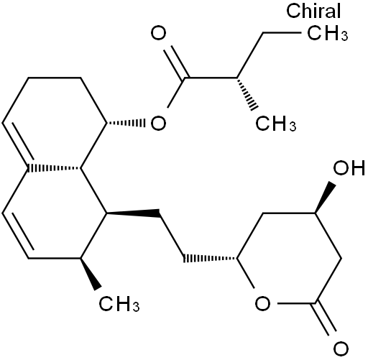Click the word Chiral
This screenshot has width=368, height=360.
[x=313, y=11]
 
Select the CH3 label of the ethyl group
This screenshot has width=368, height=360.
[x=327, y=33]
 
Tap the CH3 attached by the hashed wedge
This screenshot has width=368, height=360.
[x=275, y=124]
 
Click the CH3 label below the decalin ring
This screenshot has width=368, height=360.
[x=119, y=304]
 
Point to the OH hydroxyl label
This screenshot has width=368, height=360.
[x=349, y=167]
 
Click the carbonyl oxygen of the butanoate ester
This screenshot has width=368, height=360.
[x=158, y=33]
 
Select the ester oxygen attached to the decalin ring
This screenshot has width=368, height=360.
[x=158, y=124]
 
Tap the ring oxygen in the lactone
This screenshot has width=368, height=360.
[x=262, y=303]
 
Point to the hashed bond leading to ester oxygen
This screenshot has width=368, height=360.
[x=126, y=124]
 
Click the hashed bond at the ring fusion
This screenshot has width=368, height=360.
[x=55, y=168]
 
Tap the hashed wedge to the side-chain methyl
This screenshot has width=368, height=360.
[x=247, y=94]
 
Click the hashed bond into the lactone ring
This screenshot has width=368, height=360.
[x=210, y=258]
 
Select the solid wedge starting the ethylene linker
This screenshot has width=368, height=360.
[x=133, y=213]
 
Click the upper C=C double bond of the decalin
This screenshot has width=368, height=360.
[x=17, y=143]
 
